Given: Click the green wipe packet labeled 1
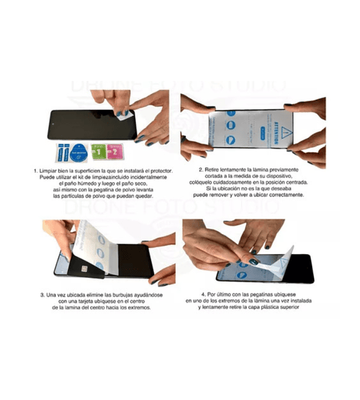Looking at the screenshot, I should [97, 151].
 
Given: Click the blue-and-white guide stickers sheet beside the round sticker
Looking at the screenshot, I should [59, 152].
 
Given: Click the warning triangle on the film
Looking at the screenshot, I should [275, 117].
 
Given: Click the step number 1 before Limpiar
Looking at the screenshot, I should [35, 171].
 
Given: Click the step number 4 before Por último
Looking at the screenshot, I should [203, 294].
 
